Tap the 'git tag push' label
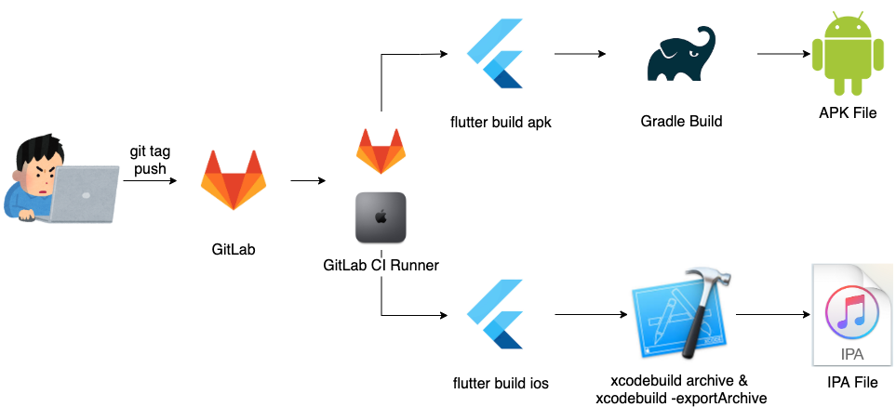(149, 161)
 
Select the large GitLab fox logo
(234, 179)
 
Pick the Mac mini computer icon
(381, 218)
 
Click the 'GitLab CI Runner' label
(381, 266)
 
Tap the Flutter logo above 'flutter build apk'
(498, 55)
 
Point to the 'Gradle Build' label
(681, 121)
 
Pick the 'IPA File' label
(849, 381)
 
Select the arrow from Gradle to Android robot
(780, 55)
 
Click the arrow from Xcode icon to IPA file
(771, 315)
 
